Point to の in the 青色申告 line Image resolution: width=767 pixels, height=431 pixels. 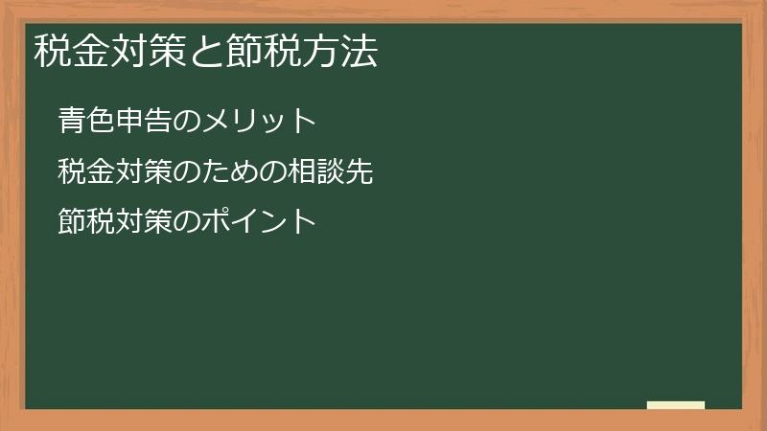186,121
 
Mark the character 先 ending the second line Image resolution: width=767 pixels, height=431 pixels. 359,172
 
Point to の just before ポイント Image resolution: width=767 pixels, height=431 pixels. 186,222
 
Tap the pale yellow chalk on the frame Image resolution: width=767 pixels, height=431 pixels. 676,405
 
